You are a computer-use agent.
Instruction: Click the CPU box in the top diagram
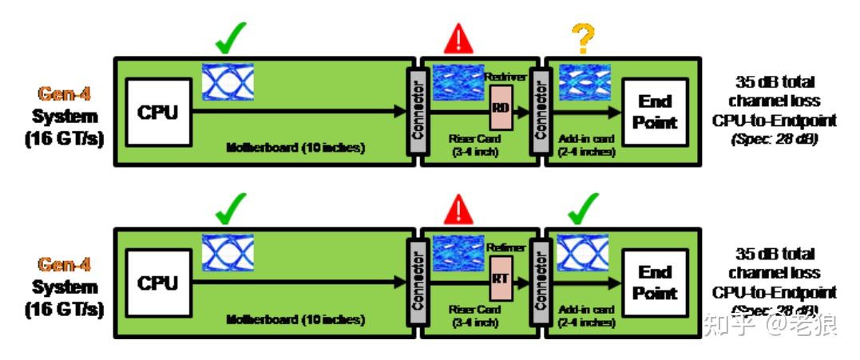[158, 112]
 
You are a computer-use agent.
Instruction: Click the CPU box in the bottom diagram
[158, 283]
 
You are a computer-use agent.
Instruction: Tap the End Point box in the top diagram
[655, 112]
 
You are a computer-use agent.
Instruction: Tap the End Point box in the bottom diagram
[655, 283]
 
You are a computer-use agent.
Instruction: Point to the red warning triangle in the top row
[458, 38]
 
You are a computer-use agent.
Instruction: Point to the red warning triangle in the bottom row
[458, 210]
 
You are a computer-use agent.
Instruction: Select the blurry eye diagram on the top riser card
[458, 82]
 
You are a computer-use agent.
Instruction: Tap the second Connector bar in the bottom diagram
[537, 279]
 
